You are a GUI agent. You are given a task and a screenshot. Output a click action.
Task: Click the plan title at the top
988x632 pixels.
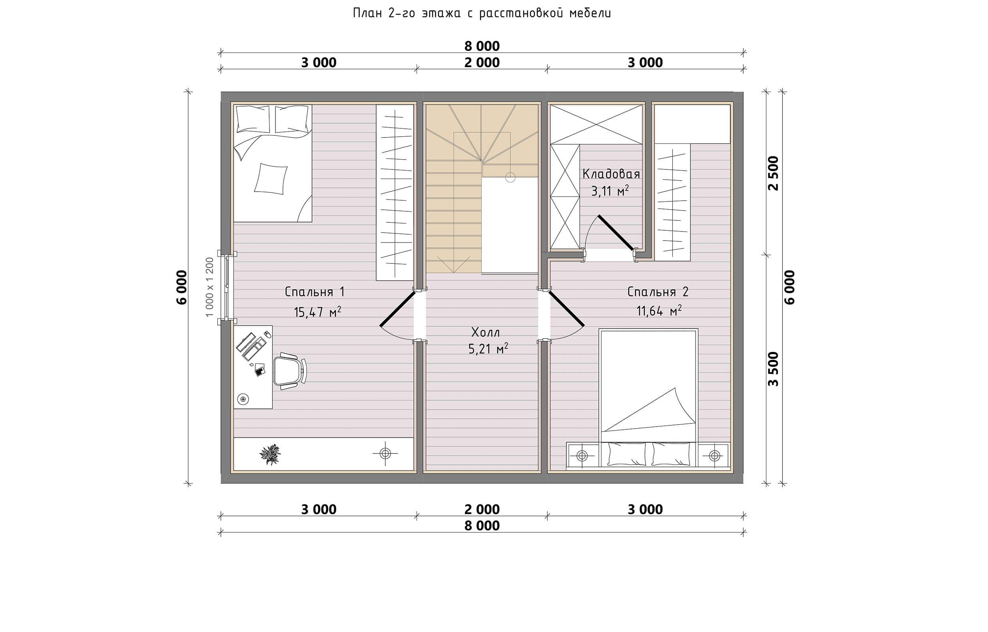482,13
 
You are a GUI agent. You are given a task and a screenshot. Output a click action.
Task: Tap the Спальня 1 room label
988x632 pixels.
315,292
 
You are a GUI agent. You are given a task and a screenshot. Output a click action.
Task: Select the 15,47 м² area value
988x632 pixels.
317,312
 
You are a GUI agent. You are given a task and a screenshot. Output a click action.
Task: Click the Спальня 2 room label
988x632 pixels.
658,292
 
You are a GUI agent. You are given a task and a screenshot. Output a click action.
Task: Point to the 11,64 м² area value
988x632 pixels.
659,310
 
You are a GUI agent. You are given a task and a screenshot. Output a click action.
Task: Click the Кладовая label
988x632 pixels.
611,174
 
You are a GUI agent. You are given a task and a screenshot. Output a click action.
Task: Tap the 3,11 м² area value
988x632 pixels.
610,191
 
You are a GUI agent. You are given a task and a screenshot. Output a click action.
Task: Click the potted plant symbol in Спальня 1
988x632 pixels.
270,454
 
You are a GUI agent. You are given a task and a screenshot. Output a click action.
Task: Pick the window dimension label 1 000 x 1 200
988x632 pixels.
210,287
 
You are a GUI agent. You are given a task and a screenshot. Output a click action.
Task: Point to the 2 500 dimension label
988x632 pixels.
773,173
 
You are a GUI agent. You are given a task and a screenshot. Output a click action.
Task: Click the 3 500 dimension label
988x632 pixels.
773,369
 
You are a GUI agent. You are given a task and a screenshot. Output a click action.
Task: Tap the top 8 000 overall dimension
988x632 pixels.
482,46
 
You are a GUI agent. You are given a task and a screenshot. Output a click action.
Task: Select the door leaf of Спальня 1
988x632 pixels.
398,308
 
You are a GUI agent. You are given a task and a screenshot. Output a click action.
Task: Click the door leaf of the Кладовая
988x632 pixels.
616,233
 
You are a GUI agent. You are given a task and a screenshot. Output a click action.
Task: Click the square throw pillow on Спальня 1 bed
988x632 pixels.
270,179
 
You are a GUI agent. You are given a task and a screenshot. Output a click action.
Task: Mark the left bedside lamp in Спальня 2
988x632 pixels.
582,455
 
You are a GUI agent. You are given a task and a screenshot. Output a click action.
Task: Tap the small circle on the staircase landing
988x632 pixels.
510,177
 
